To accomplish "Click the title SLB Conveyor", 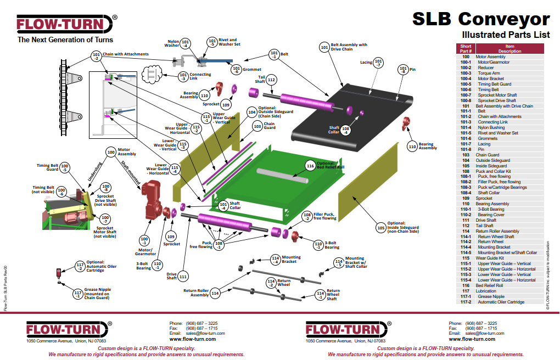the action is [x=481, y=19].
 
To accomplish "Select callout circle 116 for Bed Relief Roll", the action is [x=310, y=166].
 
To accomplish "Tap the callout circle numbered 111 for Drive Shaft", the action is [x=183, y=277].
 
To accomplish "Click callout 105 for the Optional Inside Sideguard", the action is [x=381, y=228].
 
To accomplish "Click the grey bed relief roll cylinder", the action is [x=282, y=176].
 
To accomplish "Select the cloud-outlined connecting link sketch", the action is [x=152, y=75].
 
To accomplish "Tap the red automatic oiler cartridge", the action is [x=59, y=273].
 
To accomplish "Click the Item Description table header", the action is [x=509, y=49].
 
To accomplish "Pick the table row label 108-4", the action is [x=466, y=193].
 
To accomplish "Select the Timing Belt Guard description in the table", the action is [x=495, y=85].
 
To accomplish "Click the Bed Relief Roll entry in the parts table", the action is [x=489, y=286].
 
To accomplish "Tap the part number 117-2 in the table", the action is [x=466, y=302].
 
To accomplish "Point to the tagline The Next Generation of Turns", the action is [x=65, y=40].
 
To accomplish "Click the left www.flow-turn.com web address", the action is [x=193, y=339].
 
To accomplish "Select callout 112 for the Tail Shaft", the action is [x=271, y=80].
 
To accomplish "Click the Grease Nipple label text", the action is [x=98, y=290].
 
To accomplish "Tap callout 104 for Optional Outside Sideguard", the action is [x=252, y=112].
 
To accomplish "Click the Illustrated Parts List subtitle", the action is [x=506, y=35].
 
